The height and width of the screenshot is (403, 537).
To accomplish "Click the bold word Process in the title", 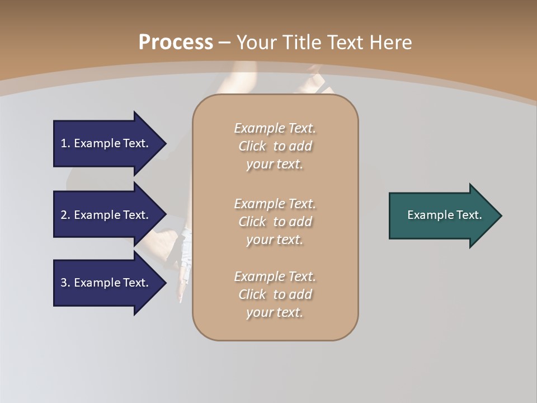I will click(176, 43).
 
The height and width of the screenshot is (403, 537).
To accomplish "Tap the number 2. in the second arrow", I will click(65, 215).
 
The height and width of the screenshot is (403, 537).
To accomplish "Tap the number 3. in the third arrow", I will click(65, 283).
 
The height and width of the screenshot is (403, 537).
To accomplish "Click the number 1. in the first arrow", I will click(65, 143).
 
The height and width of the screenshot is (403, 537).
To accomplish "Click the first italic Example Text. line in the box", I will click(275, 128).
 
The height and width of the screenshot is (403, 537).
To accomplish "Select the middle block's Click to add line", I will click(275, 222).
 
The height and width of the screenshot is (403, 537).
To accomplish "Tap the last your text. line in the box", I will click(275, 312).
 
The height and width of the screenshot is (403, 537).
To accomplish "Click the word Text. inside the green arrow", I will click(469, 215).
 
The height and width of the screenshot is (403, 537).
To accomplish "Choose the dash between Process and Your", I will click(225, 43).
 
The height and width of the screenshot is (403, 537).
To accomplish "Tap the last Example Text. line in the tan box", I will click(275, 277).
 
